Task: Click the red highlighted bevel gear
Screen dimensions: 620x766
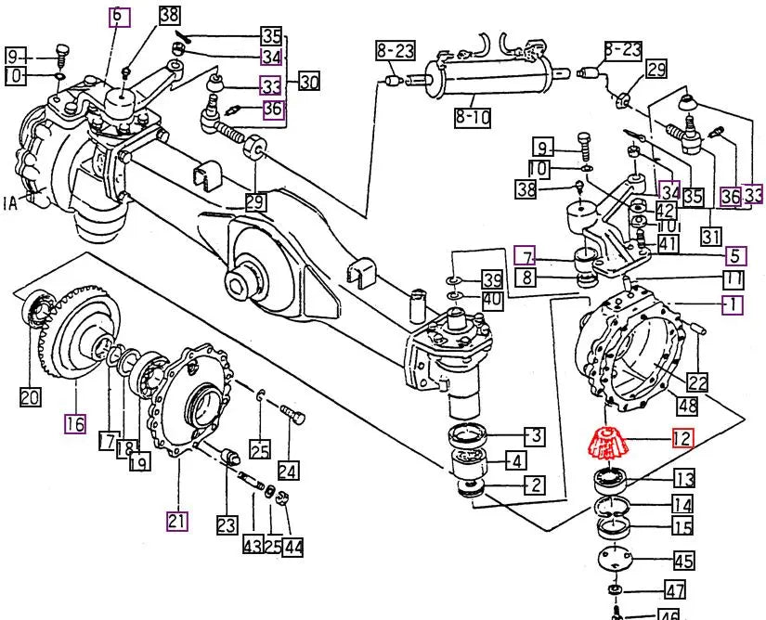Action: (604, 445)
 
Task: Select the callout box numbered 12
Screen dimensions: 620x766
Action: (682, 439)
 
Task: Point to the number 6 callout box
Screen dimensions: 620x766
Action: (118, 17)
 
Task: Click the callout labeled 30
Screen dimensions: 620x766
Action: (308, 83)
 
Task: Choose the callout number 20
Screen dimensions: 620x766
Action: (30, 397)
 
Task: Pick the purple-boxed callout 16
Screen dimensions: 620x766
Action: (75, 424)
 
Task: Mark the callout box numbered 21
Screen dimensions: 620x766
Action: (177, 521)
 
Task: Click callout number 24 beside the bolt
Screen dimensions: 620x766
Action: (288, 471)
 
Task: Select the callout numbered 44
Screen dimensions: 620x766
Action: (293, 548)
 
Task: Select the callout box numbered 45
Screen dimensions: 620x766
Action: (684, 561)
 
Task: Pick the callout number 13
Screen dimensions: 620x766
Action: (684, 480)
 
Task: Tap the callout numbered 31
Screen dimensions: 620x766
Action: (711, 236)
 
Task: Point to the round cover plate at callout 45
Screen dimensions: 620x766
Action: (614, 559)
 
